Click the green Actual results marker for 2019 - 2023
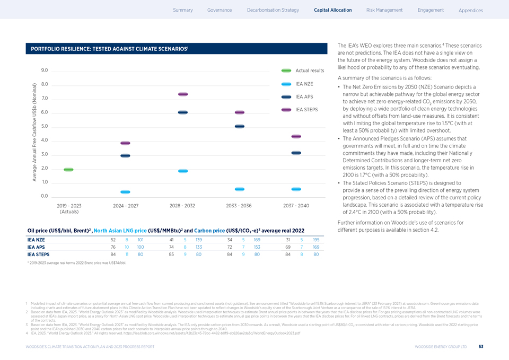point(68,169)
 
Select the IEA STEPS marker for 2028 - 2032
point(183,94)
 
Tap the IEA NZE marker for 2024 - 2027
point(125,192)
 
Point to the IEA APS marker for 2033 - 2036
point(239,126)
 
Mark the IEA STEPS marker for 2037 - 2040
point(296,137)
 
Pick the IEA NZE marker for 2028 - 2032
point(183,171)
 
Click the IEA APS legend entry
point(304,96)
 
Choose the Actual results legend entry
point(309,71)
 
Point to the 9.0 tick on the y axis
point(44,71)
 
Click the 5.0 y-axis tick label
point(44,126)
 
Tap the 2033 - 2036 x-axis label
point(239,205)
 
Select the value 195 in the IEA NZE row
point(316,240)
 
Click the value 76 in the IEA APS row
point(113,247)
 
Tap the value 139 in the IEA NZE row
point(199,240)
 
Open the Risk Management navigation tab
point(384,10)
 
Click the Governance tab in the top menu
point(220,10)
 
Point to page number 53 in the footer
point(480,347)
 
